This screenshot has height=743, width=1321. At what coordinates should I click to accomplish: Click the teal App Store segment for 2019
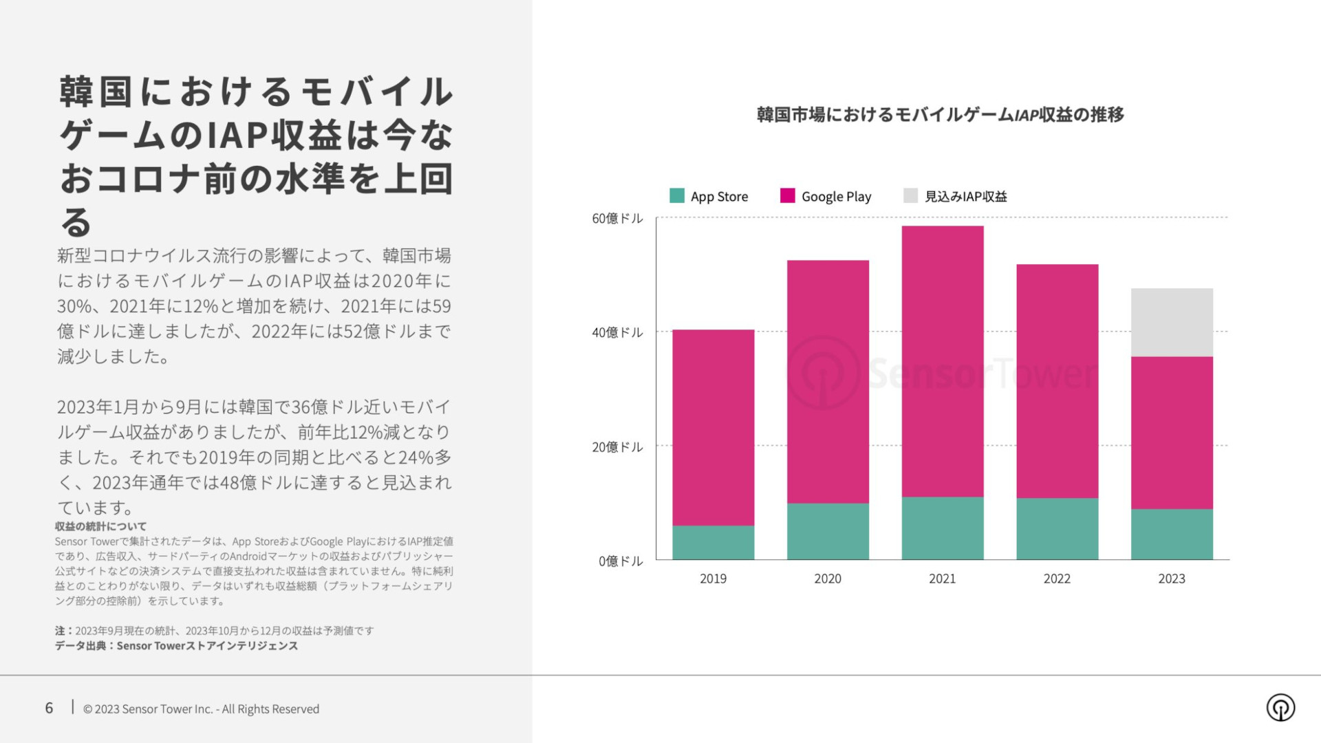click(713, 542)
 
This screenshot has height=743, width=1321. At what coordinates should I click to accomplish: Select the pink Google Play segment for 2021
click(942, 361)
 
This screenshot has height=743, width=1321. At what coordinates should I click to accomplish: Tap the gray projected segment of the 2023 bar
click(1172, 322)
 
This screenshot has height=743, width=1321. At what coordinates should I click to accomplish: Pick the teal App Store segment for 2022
click(1057, 528)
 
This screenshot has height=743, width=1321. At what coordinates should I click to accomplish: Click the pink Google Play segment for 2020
click(828, 382)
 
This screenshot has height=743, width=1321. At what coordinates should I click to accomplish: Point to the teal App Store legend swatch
click(677, 196)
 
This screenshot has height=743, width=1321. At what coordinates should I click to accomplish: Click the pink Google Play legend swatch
click(787, 196)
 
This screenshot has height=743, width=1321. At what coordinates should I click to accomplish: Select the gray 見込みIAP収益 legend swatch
click(910, 196)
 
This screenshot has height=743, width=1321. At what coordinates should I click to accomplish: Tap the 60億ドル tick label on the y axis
click(617, 219)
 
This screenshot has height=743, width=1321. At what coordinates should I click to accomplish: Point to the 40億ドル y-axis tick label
click(617, 333)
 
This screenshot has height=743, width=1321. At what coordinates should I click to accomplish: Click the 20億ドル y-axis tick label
click(617, 447)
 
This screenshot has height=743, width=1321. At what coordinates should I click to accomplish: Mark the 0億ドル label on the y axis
click(621, 561)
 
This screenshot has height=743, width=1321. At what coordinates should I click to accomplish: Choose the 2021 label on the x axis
click(942, 579)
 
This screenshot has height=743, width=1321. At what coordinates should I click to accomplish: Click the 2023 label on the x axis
click(1172, 579)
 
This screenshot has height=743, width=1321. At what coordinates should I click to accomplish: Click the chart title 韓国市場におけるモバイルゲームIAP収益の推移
click(941, 115)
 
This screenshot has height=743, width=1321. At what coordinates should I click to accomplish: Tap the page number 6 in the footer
click(49, 708)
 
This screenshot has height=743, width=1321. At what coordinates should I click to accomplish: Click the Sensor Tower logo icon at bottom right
click(1280, 707)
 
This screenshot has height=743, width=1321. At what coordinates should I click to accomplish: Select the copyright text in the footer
click(201, 709)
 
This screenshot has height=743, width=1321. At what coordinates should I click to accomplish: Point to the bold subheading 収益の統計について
click(100, 526)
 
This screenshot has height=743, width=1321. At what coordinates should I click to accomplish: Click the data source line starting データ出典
click(176, 646)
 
